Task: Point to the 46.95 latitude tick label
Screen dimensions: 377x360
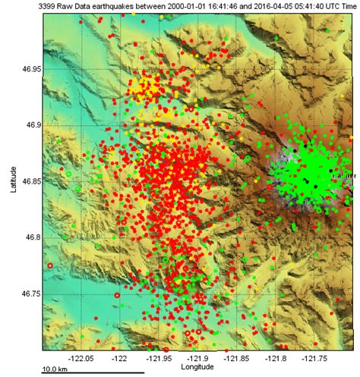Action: point(28,69)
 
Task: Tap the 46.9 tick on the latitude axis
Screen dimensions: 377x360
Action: point(30,125)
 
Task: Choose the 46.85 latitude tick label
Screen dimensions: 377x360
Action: point(28,181)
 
